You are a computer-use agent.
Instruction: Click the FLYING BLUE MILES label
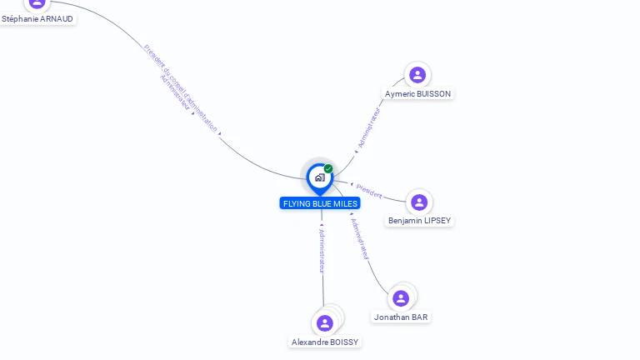pyautogui.click(x=320, y=203)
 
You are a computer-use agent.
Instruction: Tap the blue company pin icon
pyautogui.click(x=319, y=177)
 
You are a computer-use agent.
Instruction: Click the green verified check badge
pyautogui.click(x=328, y=168)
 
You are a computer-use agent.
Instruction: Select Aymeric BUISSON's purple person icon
pyautogui.click(x=417, y=75)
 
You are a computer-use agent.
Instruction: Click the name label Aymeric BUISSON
pyautogui.click(x=417, y=94)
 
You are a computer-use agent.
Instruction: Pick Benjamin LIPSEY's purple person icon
pyautogui.click(x=419, y=202)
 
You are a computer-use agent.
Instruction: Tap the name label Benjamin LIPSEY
pyautogui.click(x=420, y=221)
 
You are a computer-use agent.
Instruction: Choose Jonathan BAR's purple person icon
pyautogui.click(x=401, y=298)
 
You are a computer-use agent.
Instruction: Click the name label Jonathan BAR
pyautogui.click(x=401, y=317)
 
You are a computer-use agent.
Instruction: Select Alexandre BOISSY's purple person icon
pyautogui.click(x=325, y=323)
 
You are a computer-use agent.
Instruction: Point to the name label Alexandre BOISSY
pyautogui.click(x=325, y=342)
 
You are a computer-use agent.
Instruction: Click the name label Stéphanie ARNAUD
pyautogui.click(x=37, y=18)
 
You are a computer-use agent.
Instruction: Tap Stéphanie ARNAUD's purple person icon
pyautogui.click(x=37, y=2)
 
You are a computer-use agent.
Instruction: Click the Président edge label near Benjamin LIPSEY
pyautogui.click(x=368, y=190)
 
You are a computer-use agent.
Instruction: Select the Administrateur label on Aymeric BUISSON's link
pyautogui.click(x=369, y=127)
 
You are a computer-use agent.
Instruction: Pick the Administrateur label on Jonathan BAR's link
pyautogui.click(x=360, y=240)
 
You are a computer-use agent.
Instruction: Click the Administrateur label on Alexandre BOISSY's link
pyautogui.click(x=322, y=251)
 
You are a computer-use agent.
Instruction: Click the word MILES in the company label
pyautogui.click(x=345, y=203)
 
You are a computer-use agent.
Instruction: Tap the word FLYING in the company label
pyautogui.click(x=296, y=203)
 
